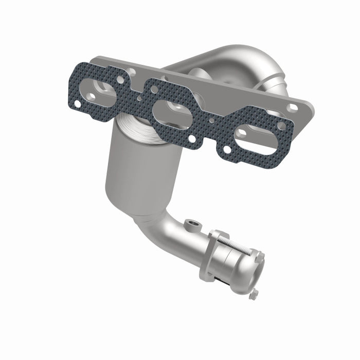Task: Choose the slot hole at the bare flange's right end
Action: tap(293, 107)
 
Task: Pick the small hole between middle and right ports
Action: tap(211, 121)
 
